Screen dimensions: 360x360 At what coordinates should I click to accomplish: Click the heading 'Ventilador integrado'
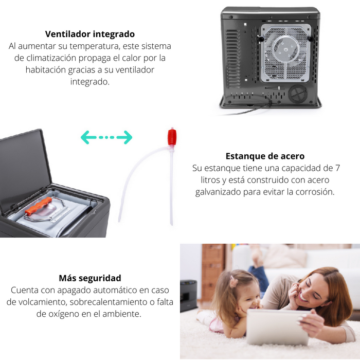coord(90,34)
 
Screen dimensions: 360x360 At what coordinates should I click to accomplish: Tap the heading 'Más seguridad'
coord(90,278)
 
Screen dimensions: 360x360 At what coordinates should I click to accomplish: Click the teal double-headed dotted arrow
coord(106,137)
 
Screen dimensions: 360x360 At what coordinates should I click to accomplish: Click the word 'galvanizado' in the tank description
coord(220,192)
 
